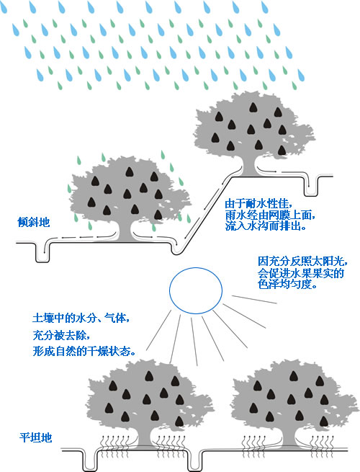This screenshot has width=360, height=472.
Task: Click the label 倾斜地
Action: (34, 222)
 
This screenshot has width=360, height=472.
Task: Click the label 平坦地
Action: (36, 437)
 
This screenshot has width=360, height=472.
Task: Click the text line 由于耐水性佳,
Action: (259, 203)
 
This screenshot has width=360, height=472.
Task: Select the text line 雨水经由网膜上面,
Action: (271, 215)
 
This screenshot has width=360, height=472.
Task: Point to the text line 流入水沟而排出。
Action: (266, 226)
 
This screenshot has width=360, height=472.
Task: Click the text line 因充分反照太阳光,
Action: (303, 261)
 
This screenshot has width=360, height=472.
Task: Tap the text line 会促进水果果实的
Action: (301, 272)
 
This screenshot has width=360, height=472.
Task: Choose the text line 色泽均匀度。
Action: (288, 284)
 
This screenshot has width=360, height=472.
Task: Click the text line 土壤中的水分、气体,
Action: (81, 318)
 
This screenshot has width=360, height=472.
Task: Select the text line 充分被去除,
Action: (61, 335)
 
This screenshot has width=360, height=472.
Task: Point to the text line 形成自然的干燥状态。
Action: (84, 351)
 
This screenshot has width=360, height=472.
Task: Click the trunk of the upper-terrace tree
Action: (248, 166)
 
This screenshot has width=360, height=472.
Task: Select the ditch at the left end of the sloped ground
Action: (42, 252)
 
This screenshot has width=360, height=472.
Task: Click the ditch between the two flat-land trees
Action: (195, 461)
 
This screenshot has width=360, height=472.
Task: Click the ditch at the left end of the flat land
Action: (89, 461)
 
